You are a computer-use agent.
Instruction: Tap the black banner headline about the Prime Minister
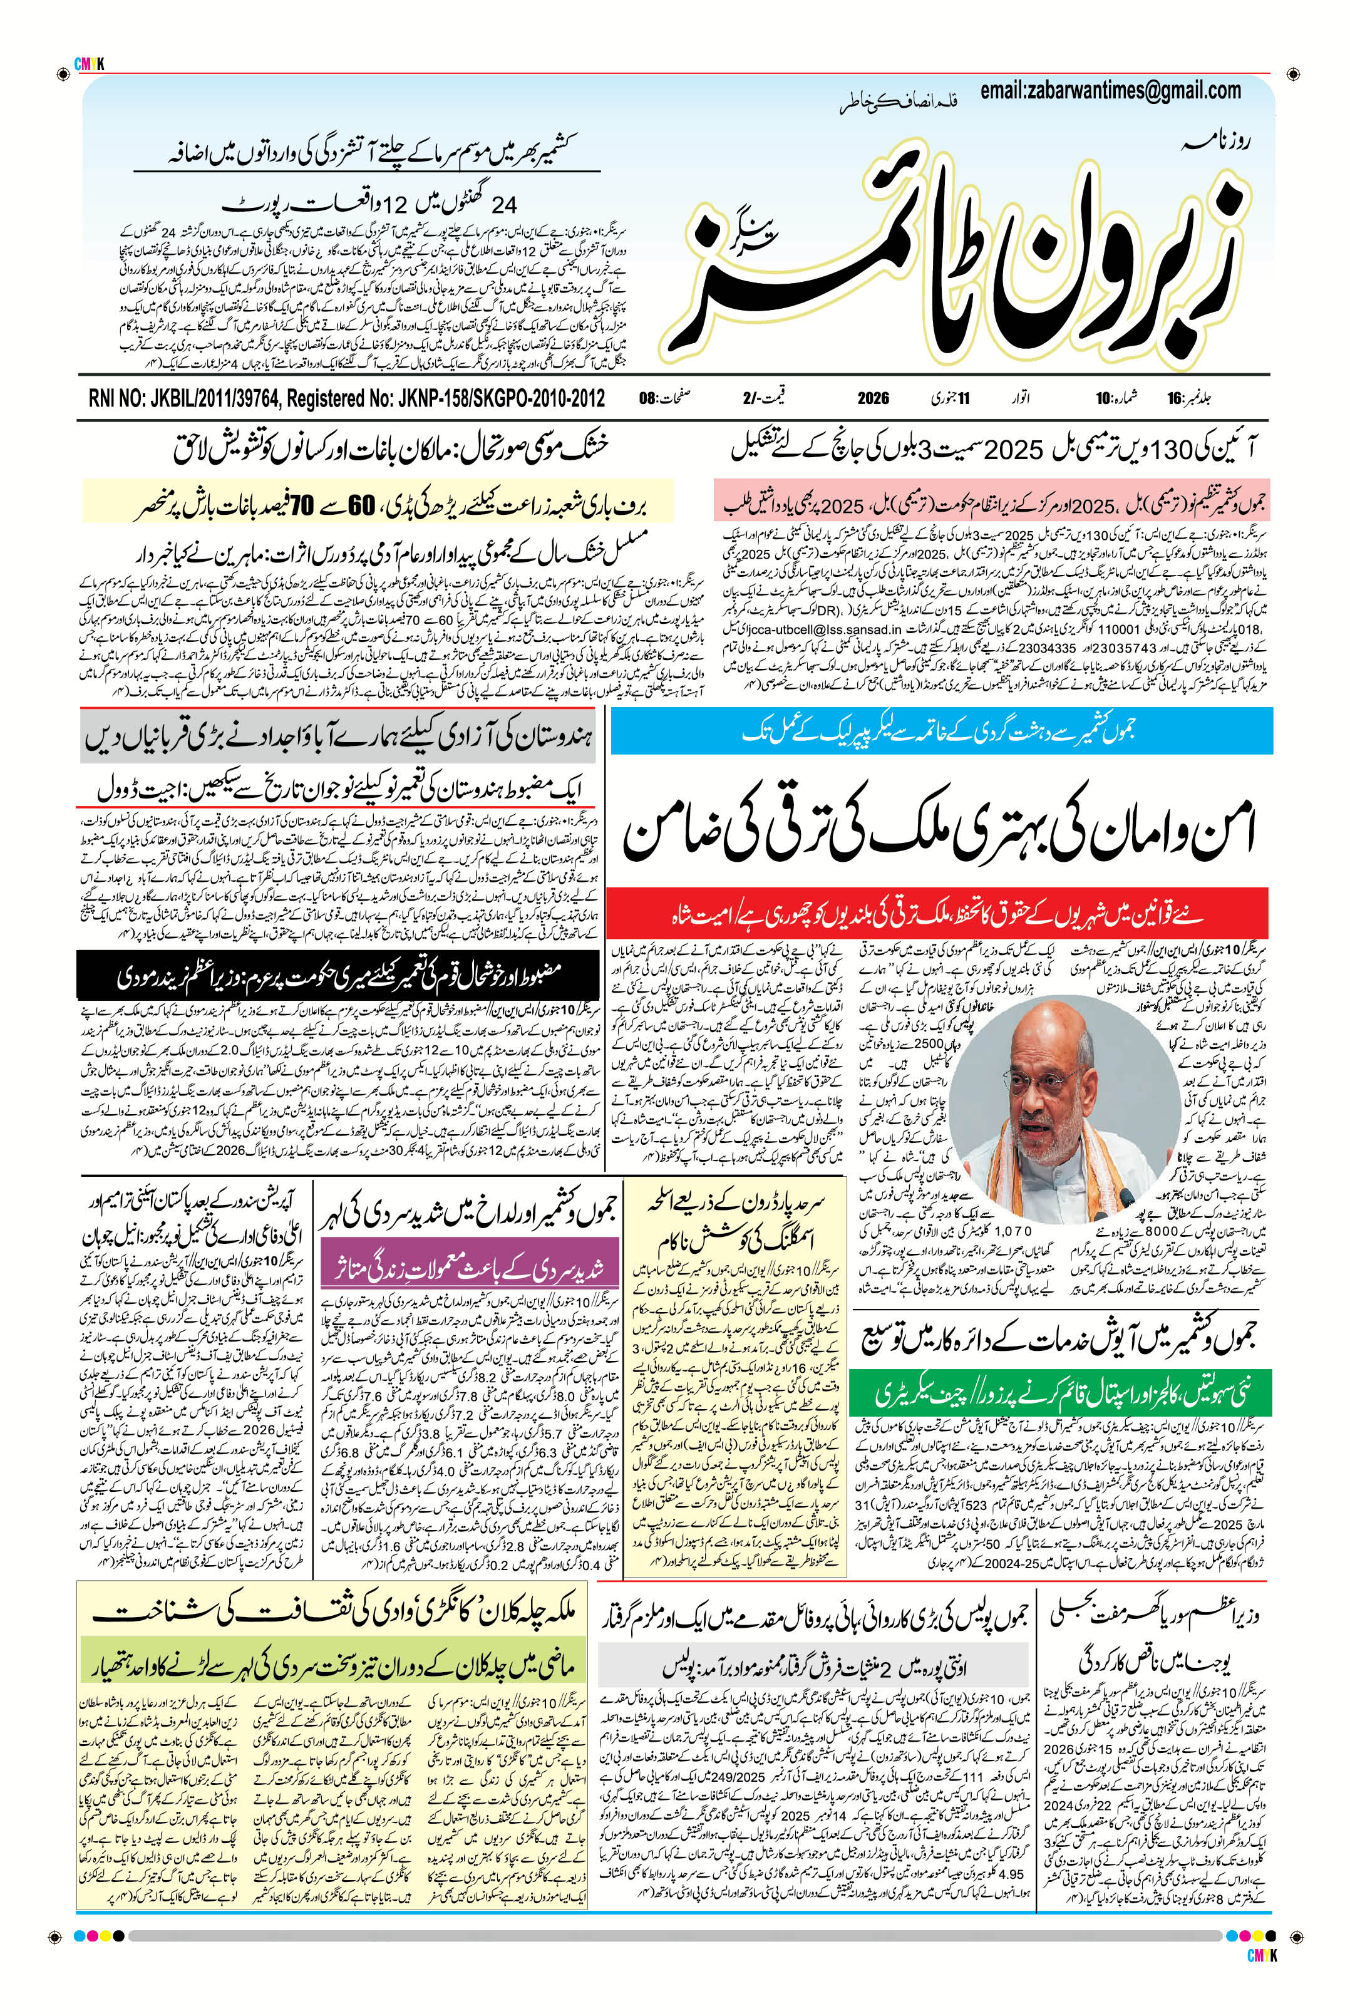[x=337, y=976]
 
